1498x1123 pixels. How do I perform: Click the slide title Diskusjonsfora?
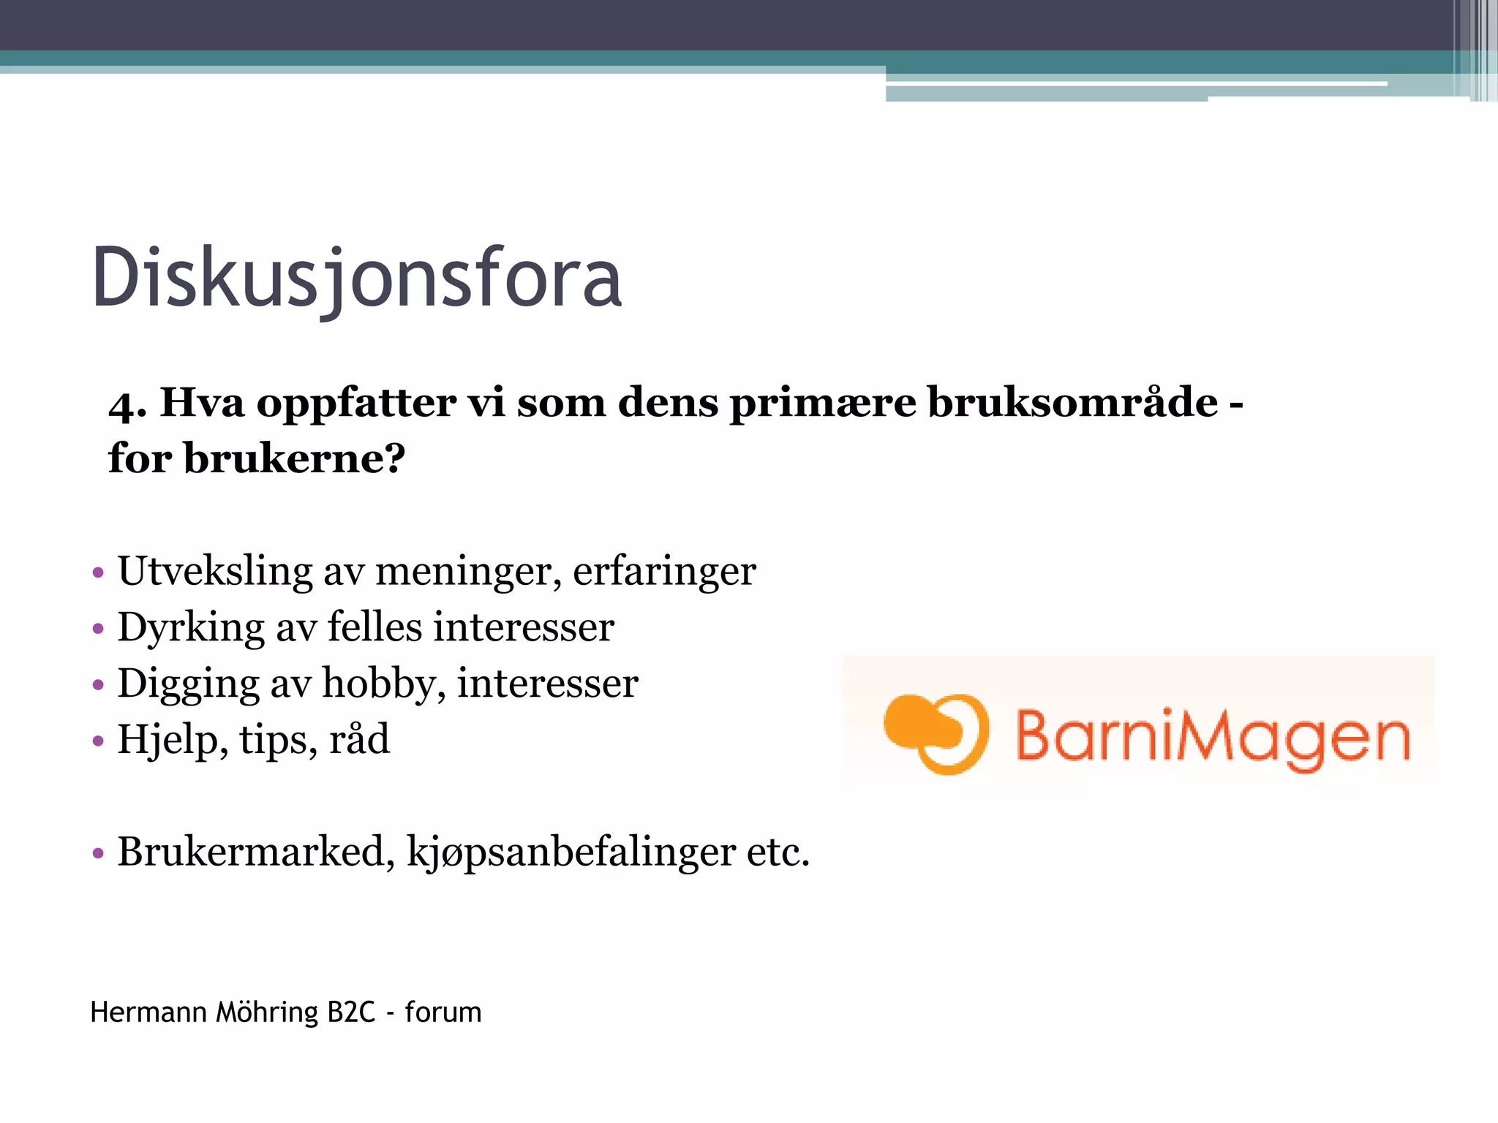(x=357, y=278)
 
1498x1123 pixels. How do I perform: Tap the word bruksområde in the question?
(x=1073, y=402)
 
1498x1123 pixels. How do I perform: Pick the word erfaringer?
(x=664, y=572)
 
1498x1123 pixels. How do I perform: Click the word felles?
(x=374, y=627)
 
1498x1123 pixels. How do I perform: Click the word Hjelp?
(x=168, y=740)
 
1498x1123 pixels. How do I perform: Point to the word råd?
(x=359, y=739)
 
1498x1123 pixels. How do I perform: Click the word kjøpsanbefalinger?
(x=571, y=853)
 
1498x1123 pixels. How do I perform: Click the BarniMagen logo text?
(x=1213, y=737)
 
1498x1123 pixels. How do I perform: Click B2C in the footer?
(x=351, y=1013)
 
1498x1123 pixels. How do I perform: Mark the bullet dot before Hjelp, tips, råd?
(x=99, y=741)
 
